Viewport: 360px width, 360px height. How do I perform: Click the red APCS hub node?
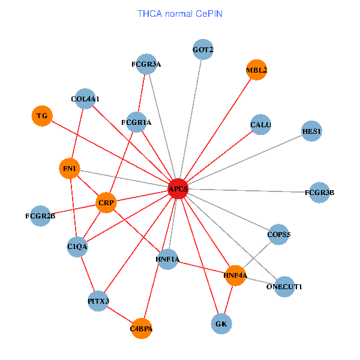click(178, 189)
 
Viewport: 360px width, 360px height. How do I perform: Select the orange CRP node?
click(106, 203)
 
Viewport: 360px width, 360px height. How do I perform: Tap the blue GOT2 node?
click(203, 49)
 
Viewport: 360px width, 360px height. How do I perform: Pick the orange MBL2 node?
click(256, 70)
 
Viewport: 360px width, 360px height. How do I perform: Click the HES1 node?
click(311, 131)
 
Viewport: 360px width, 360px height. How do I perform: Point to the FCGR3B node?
click(319, 193)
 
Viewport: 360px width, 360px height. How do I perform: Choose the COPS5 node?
click(279, 235)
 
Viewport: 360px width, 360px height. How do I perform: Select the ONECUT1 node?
click(284, 287)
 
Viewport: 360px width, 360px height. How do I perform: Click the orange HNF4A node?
click(235, 275)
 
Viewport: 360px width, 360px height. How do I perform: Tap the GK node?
click(221, 324)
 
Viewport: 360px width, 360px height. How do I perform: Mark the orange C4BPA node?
click(142, 328)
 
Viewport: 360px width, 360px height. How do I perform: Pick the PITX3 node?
click(98, 301)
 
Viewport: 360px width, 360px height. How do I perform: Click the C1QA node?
click(78, 246)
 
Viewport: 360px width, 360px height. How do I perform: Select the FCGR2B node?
click(40, 215)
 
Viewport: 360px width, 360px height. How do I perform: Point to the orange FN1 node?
click(70, 169)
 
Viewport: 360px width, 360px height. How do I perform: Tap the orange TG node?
click(42, 115)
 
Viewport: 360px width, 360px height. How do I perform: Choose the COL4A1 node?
click(86, 98)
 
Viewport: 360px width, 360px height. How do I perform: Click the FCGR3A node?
click(146, 64)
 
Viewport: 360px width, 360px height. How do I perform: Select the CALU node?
click(261, 125)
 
